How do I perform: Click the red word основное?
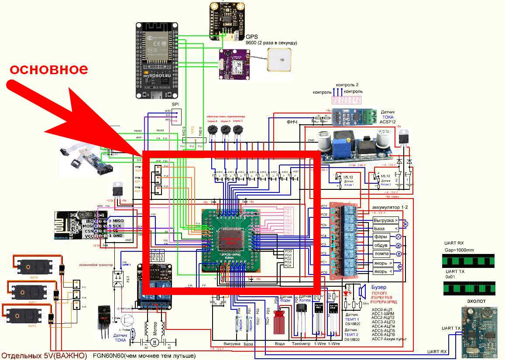point(49,69)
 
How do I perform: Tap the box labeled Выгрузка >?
point(385,220)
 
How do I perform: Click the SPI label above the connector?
point(175,105)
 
